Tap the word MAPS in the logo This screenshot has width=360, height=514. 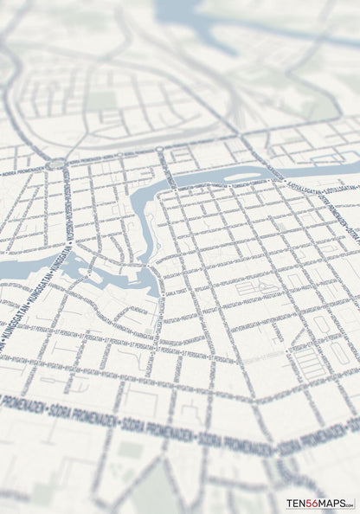click(331, 504)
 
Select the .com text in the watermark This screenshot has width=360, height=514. click(349, 502)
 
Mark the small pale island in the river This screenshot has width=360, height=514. click(241, 177)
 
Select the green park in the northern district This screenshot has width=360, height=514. click(101, 101)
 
